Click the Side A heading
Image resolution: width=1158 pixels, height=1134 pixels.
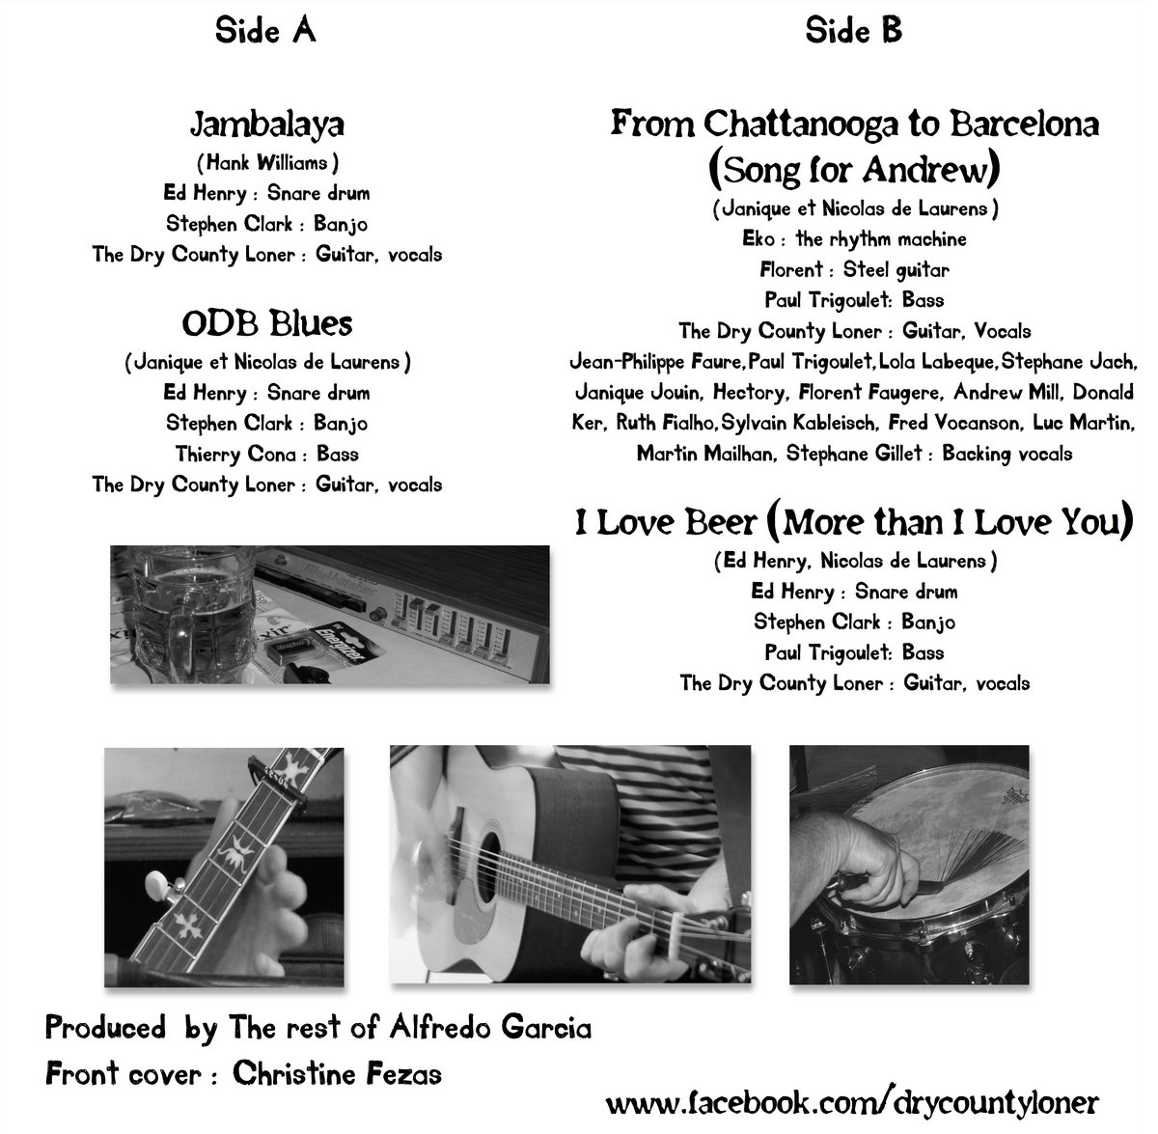point(265,31)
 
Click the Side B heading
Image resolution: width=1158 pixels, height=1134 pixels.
point(854,31)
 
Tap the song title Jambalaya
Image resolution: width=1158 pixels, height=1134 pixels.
point(267,124)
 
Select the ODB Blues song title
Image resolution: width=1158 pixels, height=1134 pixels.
point(267,323)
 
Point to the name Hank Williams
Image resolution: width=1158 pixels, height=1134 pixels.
point(267,162)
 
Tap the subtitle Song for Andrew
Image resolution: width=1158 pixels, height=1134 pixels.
point(854,170)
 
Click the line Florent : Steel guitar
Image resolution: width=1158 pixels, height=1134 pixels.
point(854,269)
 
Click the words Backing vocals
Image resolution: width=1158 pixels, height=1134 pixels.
point(1007,454)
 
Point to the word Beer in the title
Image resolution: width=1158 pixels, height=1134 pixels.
point(720,522)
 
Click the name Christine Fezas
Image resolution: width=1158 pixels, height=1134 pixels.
point(338,1074)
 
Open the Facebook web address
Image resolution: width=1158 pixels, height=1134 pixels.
point(852,1101)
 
